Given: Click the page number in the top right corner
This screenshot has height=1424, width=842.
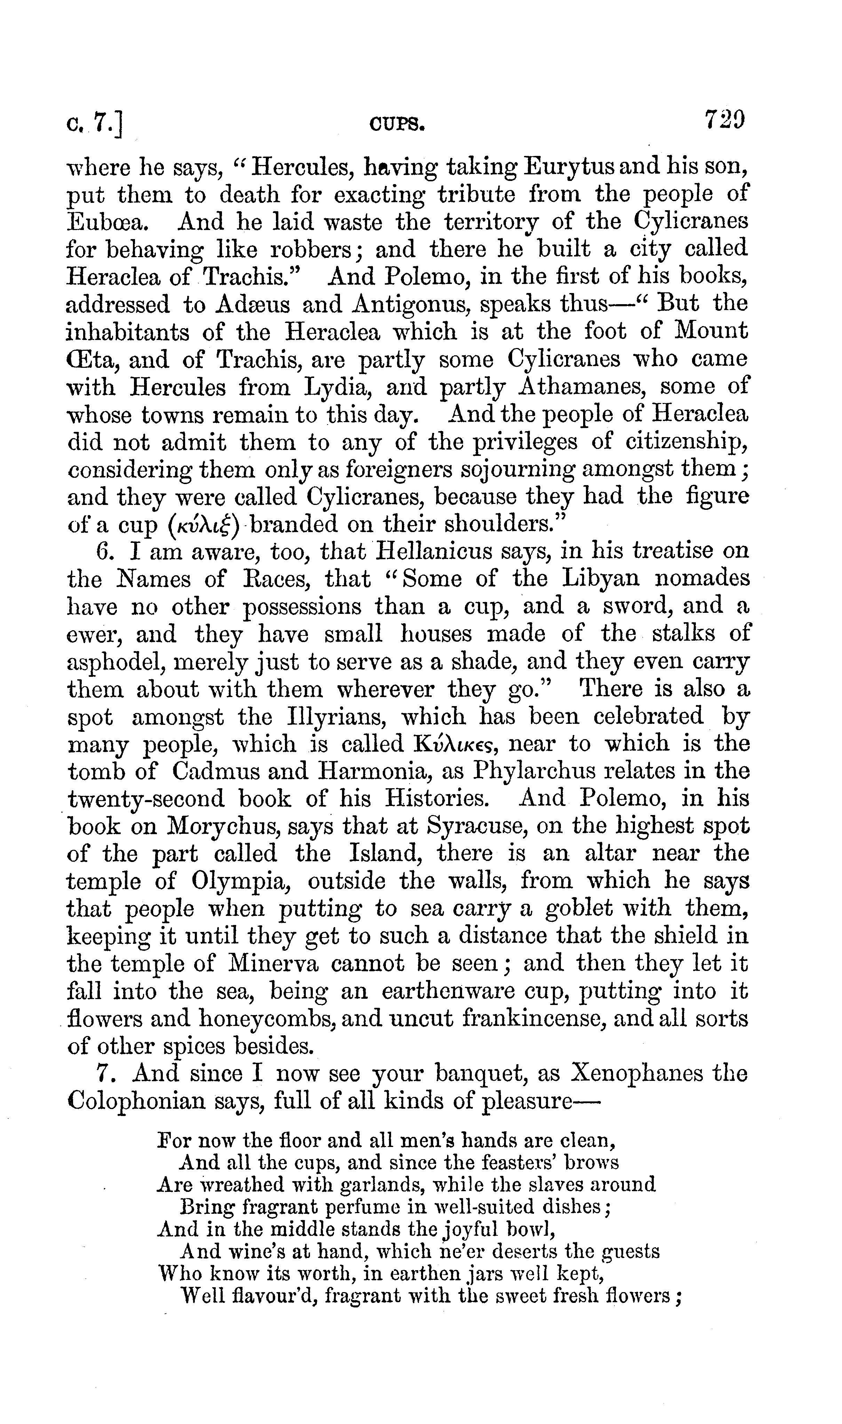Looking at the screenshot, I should pyautogui.click(x=724, y=120).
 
